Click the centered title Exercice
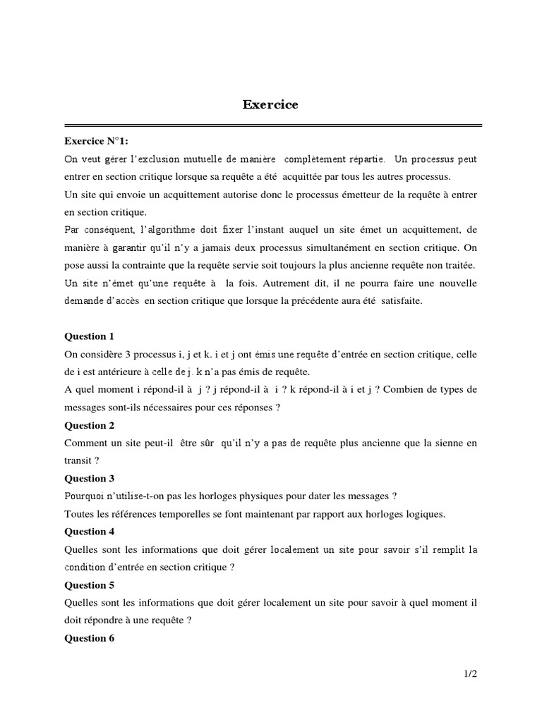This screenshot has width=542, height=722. pos(270,105)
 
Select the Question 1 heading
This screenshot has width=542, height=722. pos(90,336)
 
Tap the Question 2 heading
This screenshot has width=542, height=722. pos(90,425)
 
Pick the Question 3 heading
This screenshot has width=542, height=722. pos(90,479)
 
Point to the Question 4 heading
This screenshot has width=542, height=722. pos(90,532)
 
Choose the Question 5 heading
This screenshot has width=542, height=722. pos(90,585)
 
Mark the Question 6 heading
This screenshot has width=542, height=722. pos(90,638)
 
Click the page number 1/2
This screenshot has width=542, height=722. pos(471,675)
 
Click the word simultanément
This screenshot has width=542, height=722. pos(327,247)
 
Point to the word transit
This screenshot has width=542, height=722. pos(78,460)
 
